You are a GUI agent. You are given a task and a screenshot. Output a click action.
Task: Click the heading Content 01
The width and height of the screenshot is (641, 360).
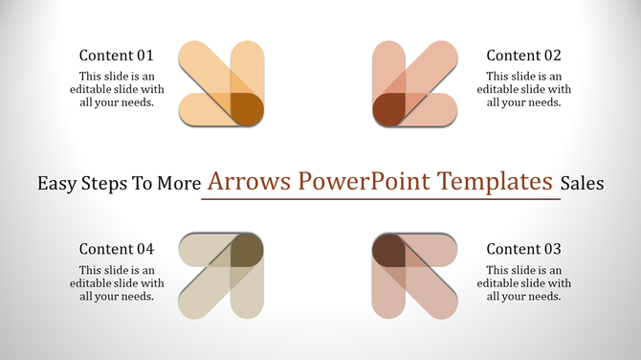[116, 56]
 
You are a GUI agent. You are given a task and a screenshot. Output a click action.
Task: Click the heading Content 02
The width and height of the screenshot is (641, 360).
[523, 56]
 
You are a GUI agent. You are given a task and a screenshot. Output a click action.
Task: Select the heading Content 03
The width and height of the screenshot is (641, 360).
[523, 249]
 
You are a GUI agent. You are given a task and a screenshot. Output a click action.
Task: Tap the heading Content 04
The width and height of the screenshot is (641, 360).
[116, 249]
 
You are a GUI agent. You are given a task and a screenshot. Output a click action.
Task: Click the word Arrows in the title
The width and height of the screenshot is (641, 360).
[250, 181]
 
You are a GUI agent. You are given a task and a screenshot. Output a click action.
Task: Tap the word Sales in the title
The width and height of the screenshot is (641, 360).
[583, 183]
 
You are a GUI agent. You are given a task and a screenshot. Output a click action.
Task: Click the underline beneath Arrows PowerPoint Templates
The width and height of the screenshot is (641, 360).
[381, 199]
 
